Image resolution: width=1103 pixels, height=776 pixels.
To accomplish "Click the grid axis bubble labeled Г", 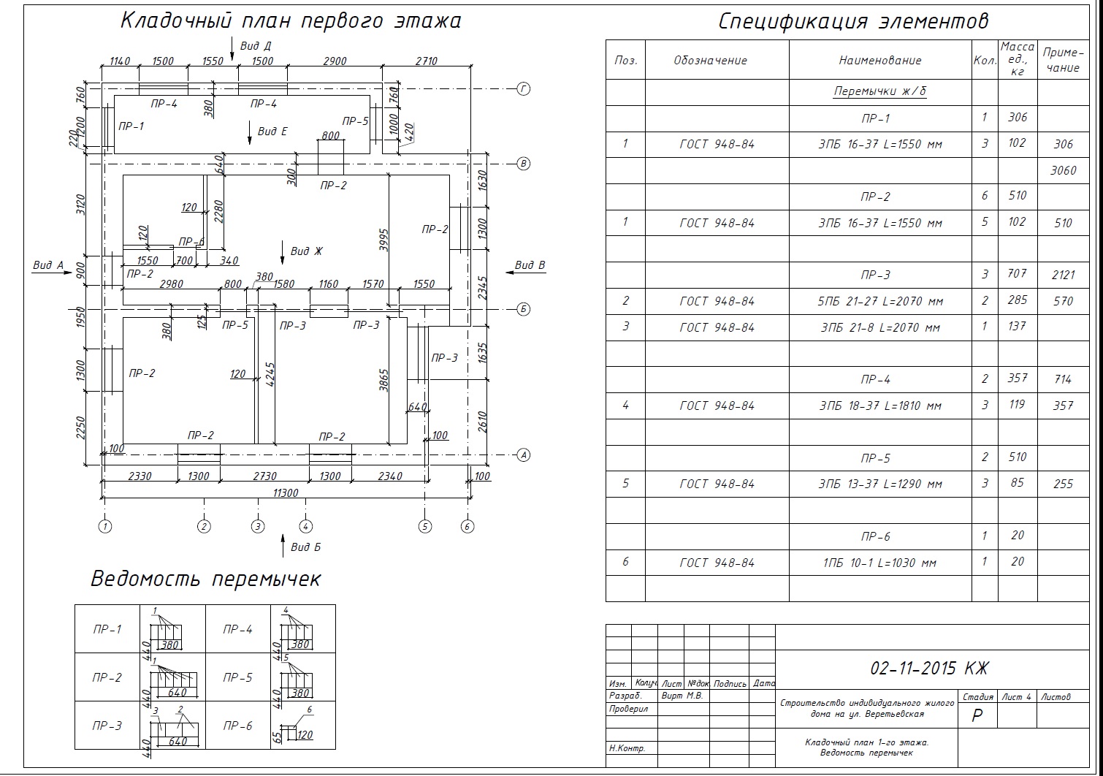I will point(523,89).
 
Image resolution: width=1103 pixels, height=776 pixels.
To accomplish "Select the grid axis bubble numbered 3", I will point(257,525).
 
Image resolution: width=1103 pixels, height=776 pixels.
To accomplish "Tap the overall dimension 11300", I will point(285,492).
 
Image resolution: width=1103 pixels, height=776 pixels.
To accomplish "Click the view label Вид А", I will point(48,265).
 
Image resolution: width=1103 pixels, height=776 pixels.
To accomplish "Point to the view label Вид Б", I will point(305,547).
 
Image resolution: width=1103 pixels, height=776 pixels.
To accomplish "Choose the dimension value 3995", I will point(384,240).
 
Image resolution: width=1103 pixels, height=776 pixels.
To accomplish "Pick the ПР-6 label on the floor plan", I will point(191,242).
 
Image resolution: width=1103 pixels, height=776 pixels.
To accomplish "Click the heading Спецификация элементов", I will point(853,21).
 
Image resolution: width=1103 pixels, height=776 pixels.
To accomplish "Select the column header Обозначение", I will point(710,61).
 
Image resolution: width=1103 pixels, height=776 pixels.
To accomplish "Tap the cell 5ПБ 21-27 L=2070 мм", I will point(880,301).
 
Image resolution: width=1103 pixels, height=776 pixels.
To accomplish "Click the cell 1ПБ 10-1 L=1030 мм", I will point(880,563).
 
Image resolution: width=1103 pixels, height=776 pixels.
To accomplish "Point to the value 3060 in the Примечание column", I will point(1063,170).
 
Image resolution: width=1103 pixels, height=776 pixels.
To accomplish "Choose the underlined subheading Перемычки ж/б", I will point(880,91).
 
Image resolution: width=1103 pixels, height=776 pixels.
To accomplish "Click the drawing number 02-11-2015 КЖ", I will point(929,668).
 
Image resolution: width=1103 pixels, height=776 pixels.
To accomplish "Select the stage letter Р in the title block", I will point(977,716).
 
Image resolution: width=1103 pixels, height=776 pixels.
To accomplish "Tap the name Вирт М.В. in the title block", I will point(682,696).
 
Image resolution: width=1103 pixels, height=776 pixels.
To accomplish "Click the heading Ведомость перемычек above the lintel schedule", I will point(205,579).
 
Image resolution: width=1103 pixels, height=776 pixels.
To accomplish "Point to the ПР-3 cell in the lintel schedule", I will point(107,726).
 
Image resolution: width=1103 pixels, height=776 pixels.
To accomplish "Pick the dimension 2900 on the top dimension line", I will point(335,61).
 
